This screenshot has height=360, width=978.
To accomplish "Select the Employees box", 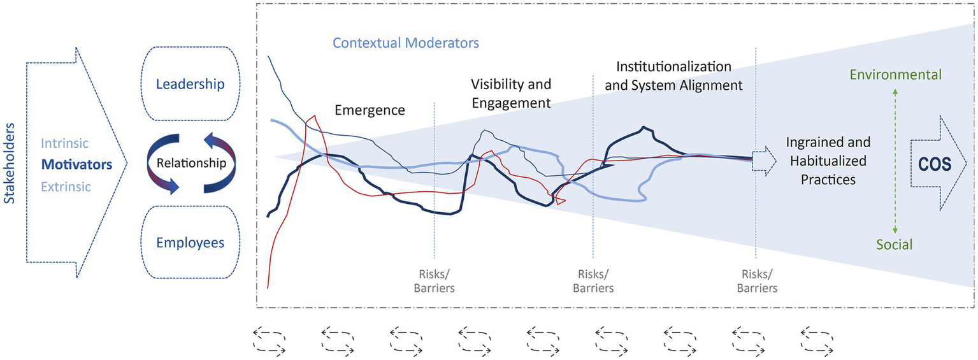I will click(190, 243).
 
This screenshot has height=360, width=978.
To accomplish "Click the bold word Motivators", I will click(76, 165).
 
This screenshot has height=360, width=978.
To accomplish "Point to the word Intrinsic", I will click(65, 144).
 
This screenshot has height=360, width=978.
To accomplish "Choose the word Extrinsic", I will click(66, 187).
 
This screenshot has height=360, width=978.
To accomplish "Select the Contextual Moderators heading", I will click(406, 43).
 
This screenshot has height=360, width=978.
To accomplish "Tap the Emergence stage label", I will click(370, 110).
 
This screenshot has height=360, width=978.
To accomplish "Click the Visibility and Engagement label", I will click(511, 93).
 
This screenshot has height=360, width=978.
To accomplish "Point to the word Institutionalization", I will click(674, 66).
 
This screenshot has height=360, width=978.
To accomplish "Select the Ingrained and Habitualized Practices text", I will click(828, 161).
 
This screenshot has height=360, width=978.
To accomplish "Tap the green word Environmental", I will click(895, 75).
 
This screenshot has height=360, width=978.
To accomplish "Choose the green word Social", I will click(895, 245).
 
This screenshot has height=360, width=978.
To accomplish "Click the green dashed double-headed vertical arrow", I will click(895, 159).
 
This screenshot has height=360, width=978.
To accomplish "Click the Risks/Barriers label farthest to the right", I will click(757, 281).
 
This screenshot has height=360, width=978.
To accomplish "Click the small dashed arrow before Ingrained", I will click(764, 161).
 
